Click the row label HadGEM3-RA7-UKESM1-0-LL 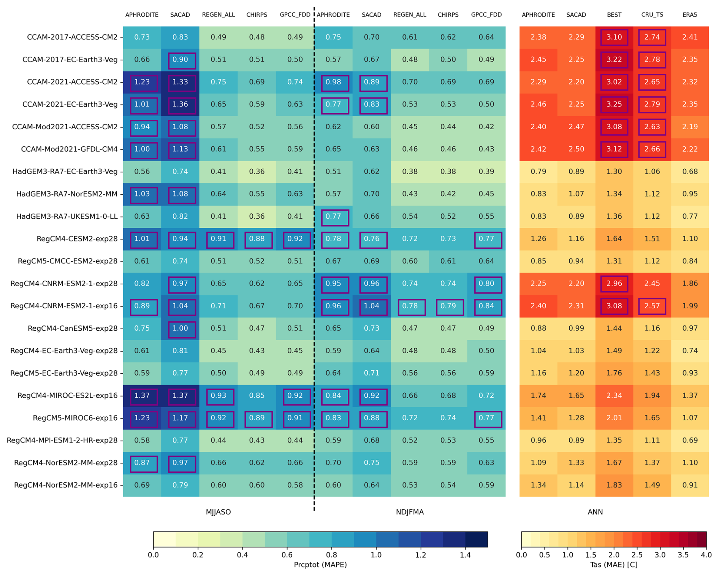point(67,217)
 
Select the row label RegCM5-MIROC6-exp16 point(75,418)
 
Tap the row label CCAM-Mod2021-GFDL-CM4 point(69,149)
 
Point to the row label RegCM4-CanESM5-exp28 point(73,328)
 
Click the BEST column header point(614,15)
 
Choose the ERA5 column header point(690,15)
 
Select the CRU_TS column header point(652,15)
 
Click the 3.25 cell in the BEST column point(614,105)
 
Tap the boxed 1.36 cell point(180,105)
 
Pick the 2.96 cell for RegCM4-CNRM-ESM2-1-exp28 point(614,284)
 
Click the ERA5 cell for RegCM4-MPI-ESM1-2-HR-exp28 point(690,440)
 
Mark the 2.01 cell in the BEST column point(614,418)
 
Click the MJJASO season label point(218,512)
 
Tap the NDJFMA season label point(410,512)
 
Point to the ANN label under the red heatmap point(595,512)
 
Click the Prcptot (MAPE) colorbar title point(320,565)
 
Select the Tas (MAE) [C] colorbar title point(614,565)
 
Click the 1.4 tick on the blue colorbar point(465,555)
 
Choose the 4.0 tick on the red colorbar point(706,555)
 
